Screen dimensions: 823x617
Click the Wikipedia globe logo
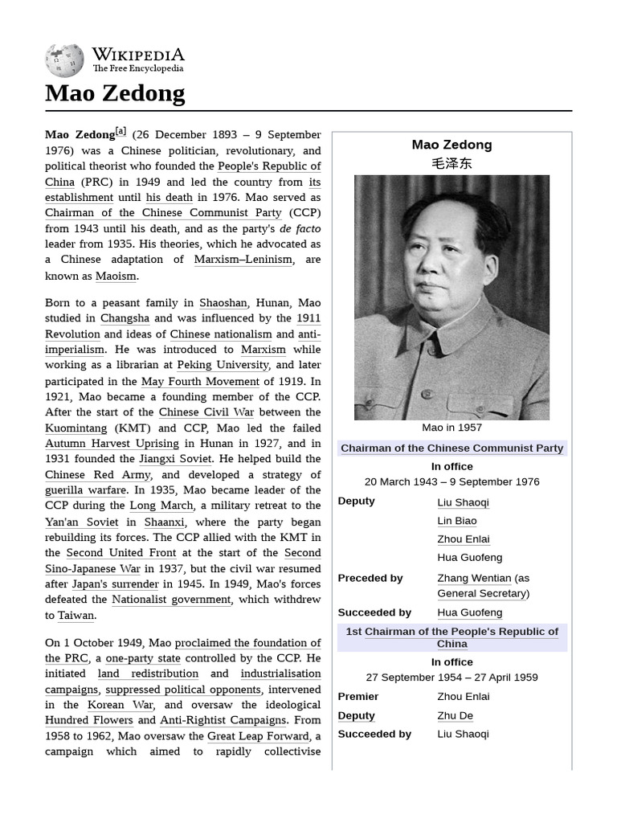(64, 60)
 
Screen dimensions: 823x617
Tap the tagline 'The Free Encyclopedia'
(137, 69)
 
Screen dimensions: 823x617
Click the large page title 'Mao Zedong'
(115, 93)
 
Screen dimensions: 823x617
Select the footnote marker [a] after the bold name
(121, 131)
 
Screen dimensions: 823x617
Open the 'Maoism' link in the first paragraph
(116, 276)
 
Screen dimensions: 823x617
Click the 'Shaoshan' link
(223, 303)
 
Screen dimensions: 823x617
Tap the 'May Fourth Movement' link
(200, 381)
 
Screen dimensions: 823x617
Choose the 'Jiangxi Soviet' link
(175, 459)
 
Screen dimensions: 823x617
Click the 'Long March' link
(161, 506)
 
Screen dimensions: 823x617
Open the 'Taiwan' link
(76, 616)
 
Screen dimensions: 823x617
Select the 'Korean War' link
(121, 705)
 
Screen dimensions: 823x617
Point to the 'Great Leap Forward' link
(258, 736)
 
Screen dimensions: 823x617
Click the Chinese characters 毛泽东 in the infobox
(452, 163)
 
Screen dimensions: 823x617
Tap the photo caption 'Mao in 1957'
(452, 428)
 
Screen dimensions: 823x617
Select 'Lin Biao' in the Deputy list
(456, 521)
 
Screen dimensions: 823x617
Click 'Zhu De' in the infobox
(455, 715)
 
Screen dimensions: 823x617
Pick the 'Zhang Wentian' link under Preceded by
(474, 578)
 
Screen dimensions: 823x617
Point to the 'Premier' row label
(358, 696)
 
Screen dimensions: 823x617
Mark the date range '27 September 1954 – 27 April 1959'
(452, 678)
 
